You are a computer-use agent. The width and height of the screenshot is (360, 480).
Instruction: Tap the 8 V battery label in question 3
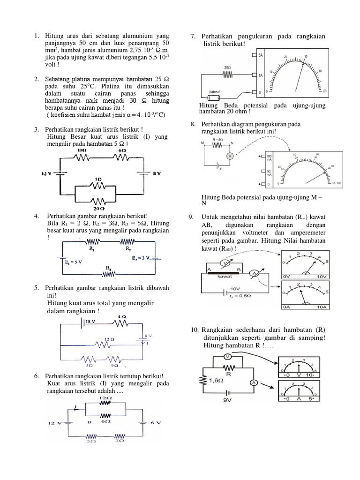tap(157, 173)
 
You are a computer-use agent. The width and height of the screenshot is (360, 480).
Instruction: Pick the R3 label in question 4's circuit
tap(108, 268)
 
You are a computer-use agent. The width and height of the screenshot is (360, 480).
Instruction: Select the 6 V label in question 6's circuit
tap(156, 423)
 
